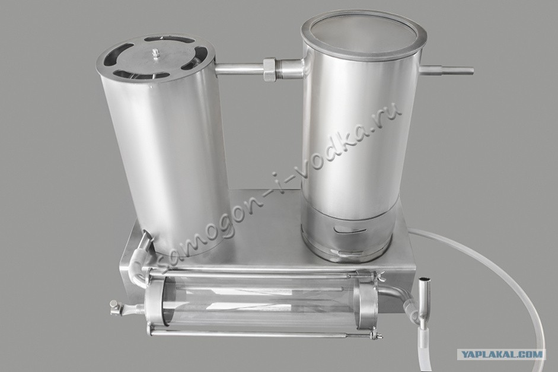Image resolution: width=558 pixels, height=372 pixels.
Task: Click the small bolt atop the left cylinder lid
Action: click(x=155, y=53)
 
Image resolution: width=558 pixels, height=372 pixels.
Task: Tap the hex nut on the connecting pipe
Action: click(x=270, y=69)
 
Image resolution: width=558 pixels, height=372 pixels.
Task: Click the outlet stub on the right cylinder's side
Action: click(x=446, y=71)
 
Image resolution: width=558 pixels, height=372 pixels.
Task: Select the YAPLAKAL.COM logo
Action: click(x=501, y=354)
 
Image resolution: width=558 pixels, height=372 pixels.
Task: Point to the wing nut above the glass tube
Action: click(x=380, y=274)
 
